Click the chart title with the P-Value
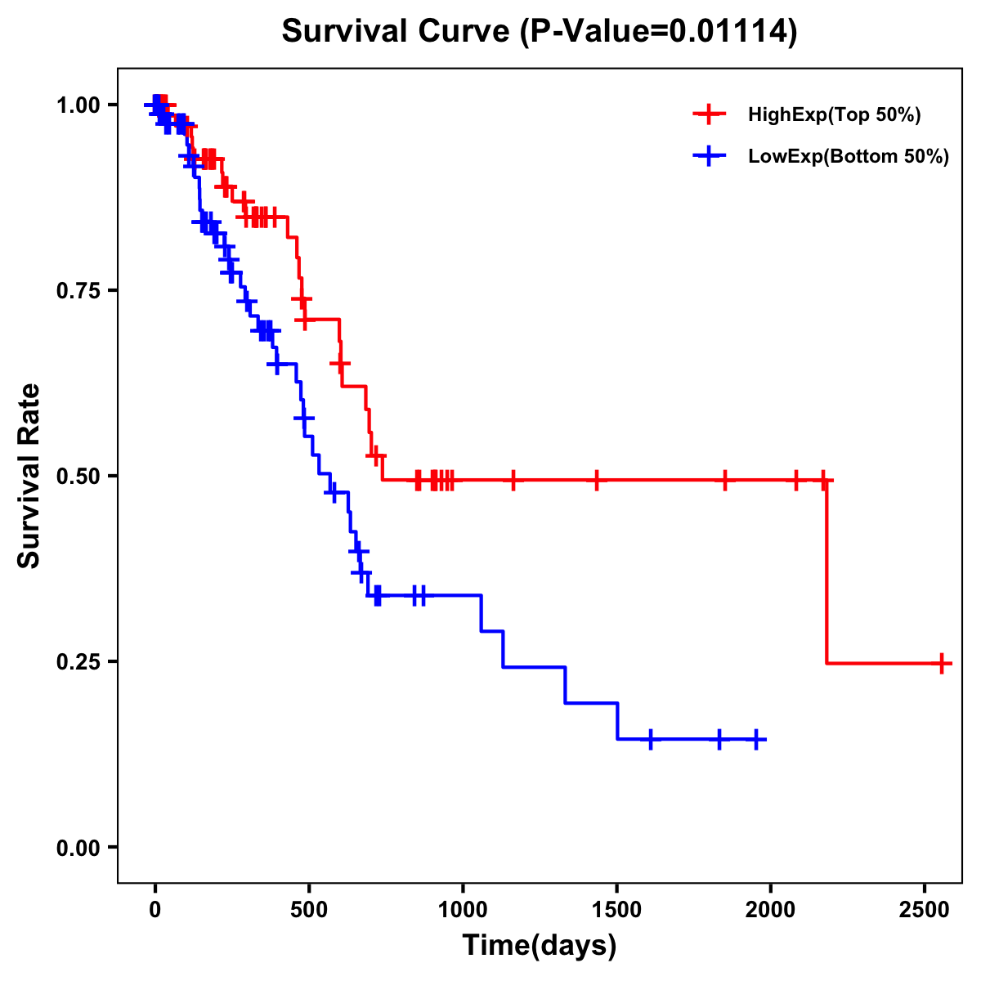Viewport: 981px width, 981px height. click(539, 32)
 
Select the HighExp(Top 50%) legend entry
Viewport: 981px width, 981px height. click(834, 115)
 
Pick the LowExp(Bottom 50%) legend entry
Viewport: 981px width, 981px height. click(848, 157)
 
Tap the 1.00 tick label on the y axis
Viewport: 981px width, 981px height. click(77, 105)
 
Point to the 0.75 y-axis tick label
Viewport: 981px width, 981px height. click(77, 291)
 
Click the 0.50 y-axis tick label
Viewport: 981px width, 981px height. click(77, 477)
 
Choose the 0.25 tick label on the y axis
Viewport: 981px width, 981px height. click(77, 662)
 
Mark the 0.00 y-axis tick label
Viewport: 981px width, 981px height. click(77, 848)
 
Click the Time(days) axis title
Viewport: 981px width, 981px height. click(540, 946)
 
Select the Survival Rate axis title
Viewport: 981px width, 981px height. click(30, 475)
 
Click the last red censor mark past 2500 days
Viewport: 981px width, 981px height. click(943, 663)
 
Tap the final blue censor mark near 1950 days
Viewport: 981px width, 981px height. click(756, 739)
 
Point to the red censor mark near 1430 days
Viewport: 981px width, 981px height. click(596, 480)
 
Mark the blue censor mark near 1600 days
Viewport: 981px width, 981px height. click(650, 739)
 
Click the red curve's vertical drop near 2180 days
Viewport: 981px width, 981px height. click(826, 572)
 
